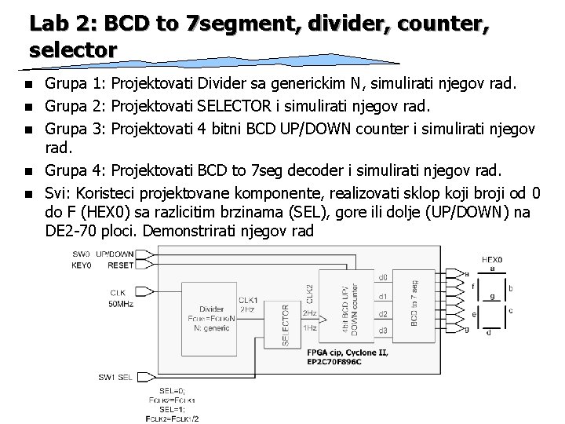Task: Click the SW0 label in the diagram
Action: [82, 254]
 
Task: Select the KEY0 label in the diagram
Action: [82, 265]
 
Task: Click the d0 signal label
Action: [383, 277]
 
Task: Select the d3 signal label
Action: [383, 331]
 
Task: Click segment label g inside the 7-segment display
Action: [492, 297]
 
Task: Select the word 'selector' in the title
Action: [74, 49]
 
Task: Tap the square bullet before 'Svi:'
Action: [29, 190]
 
